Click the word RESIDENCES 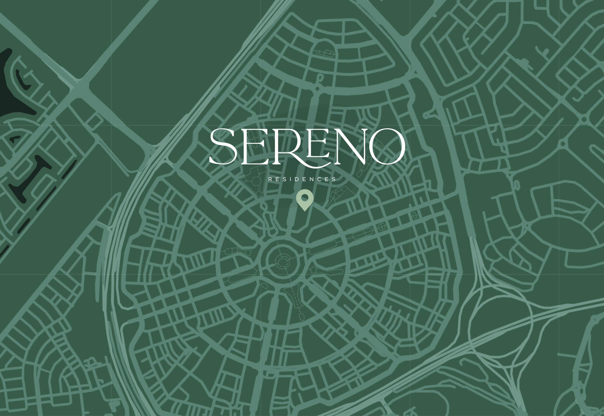click(x=302, y=179)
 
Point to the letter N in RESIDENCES click(x=312, y=179)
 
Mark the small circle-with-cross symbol click(x=381, y=227)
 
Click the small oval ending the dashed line click(x=302, y=317)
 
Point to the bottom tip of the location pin click(x=305, y=210)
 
